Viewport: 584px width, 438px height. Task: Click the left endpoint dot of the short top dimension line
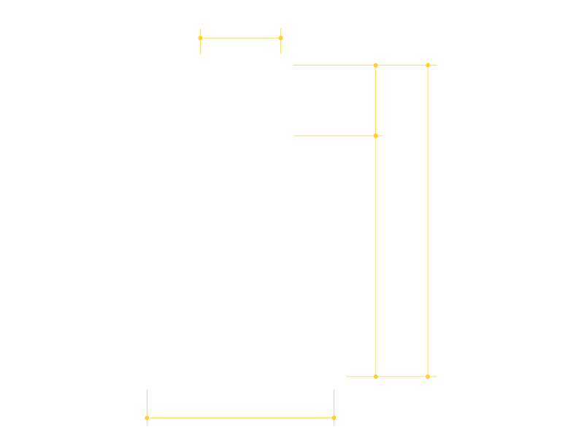point(200,38)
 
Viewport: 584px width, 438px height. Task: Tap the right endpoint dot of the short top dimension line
point(280,38)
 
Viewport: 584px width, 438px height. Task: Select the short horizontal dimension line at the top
point(240,38)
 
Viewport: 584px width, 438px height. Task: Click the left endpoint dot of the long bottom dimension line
point(147,418)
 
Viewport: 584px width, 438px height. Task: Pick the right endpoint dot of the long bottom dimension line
point(334,418)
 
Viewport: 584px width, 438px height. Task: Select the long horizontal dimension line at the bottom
point(240,418)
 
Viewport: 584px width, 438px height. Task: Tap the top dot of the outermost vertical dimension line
point(428,65)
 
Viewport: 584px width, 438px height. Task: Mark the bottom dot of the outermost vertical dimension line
point(428,377)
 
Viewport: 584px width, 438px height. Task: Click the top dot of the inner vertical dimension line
point(376,65)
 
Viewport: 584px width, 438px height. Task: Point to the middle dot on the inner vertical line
point(376,136)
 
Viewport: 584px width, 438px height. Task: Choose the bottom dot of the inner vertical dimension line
point(376,377)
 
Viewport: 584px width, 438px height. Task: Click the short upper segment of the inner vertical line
point(376,100)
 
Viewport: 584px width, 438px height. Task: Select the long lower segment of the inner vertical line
point(376,255)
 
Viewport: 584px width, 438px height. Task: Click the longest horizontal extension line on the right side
point(328,65)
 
